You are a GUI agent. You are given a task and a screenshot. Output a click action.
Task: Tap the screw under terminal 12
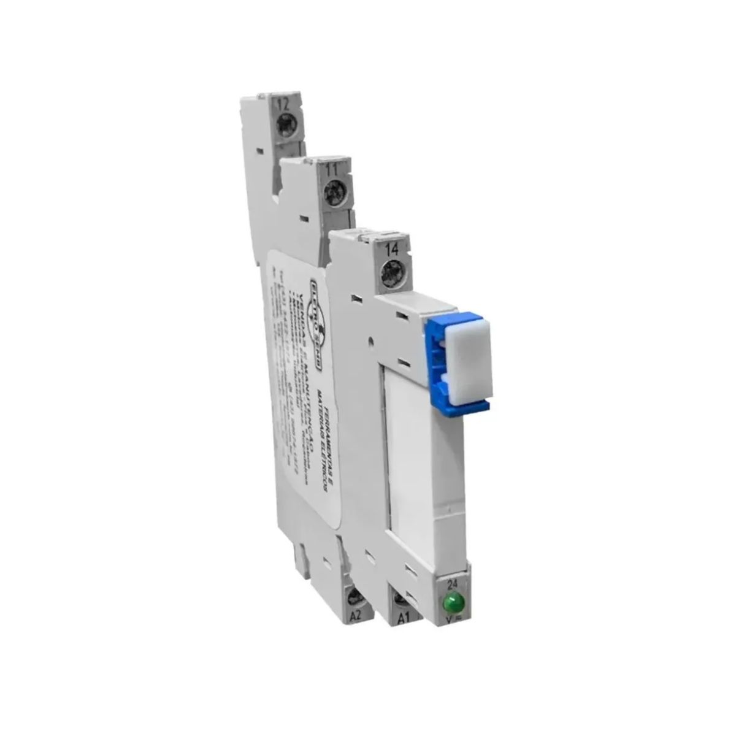coord(285,128)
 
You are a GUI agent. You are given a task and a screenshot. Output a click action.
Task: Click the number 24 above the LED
coord(453,584)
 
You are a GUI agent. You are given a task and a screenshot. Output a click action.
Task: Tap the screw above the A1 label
coord(402,598)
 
